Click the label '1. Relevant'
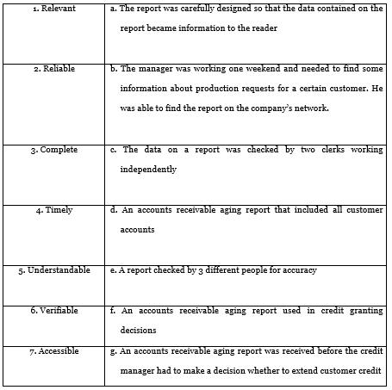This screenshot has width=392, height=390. pos(53,9)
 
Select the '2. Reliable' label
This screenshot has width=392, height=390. pos(53,69)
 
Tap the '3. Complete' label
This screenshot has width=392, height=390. pos(53,150)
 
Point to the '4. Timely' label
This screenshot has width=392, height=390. pos(53,210)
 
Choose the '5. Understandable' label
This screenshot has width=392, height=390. pos(54,270)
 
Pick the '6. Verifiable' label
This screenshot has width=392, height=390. pos(53,311)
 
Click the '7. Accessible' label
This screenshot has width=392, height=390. pos(53,351)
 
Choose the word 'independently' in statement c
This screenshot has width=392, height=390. pos(148,170)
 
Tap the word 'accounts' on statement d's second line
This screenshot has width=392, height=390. pos(137,230)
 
